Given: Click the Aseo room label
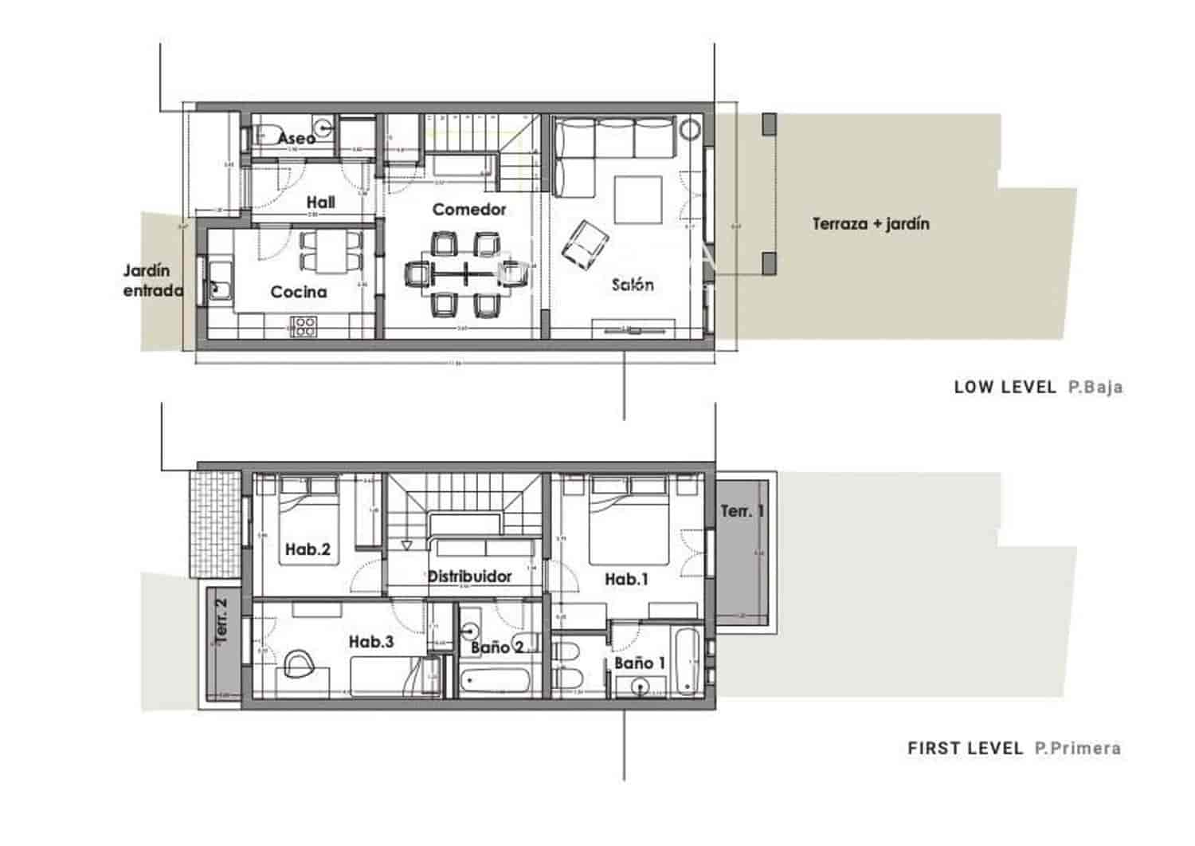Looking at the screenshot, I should pos(296,138).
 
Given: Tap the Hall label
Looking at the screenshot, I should pos(320,203).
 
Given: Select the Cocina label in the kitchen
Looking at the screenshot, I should pos(299,292).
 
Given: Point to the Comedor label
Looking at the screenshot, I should pos(469,210).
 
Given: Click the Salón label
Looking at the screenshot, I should pos(633,285).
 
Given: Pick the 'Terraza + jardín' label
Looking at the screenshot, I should pos(871,224).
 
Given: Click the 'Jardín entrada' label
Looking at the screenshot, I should pos(153,281).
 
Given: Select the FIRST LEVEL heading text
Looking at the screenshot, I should pos(965,749).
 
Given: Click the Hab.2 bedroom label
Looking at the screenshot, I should pos(308,549).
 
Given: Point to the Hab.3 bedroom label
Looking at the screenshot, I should pos(371,642).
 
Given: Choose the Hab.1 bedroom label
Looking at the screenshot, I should pos(626,580).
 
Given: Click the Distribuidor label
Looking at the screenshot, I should pos(469,576).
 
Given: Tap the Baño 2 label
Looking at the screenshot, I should pos(496,647).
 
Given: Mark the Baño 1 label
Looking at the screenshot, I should pos(639,663).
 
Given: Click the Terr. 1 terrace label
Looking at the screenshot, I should pos(742,511).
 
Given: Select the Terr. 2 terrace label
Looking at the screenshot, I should pos(222,622).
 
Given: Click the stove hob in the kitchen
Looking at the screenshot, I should pos(304,326).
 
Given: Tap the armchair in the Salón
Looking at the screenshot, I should pos(585,242).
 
